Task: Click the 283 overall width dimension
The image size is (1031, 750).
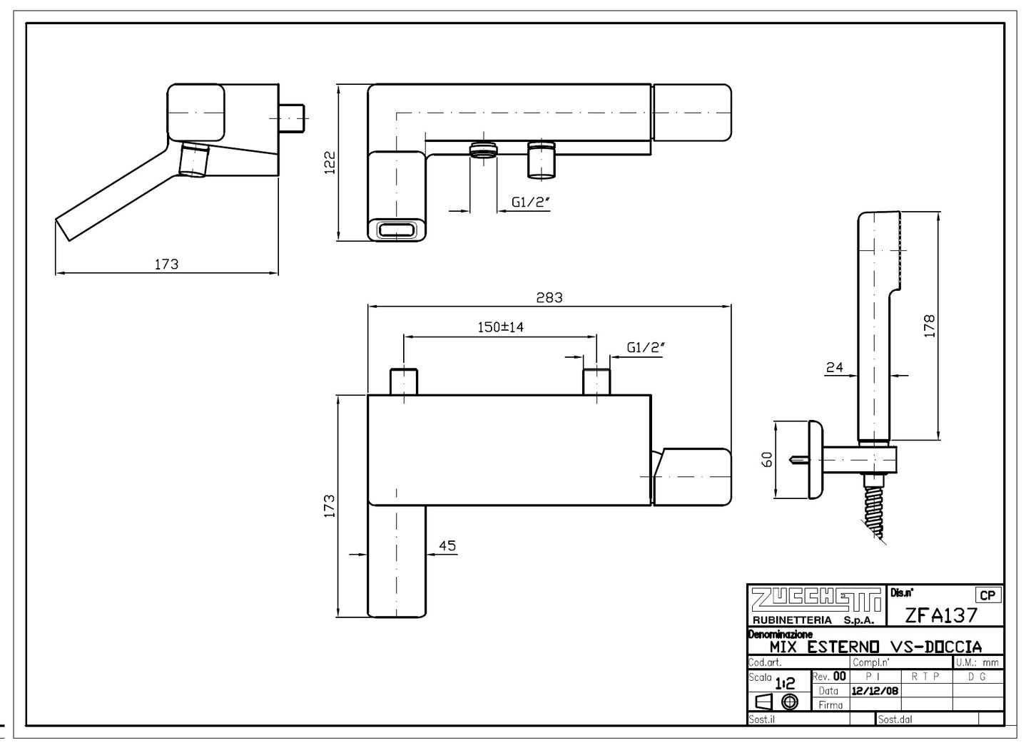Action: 549,298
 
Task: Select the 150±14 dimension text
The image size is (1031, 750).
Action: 500,327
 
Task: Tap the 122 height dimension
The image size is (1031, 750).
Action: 330,162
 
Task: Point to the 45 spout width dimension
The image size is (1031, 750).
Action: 447,546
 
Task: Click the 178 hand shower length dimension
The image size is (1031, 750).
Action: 928,327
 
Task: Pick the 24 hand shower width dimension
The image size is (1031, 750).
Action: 834,367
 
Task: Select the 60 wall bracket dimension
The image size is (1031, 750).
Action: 767,459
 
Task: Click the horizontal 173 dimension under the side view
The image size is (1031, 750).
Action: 166,264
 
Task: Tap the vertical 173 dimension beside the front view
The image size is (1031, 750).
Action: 330,506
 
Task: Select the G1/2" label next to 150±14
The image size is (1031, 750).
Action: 646,347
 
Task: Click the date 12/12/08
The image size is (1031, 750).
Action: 875,691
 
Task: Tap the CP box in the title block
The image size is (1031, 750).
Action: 987,595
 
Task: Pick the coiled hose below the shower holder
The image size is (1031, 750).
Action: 875,509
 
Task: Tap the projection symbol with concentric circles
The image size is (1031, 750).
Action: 789,702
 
